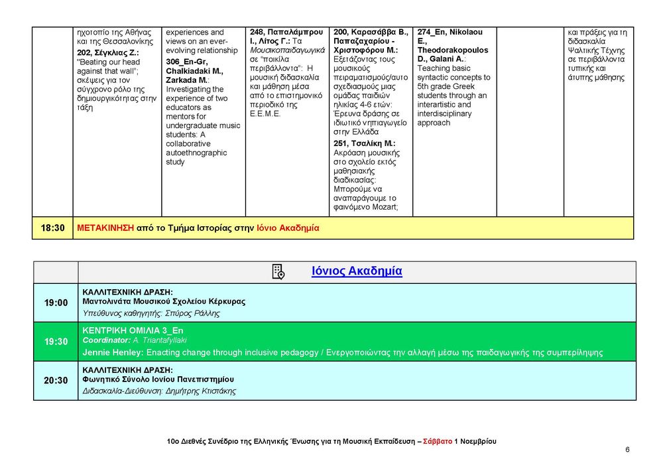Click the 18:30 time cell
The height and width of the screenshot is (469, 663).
(x=53, y=228)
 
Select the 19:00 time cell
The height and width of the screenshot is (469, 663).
(x=56, y=302)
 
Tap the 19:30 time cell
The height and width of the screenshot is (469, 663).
(x=56, y=341)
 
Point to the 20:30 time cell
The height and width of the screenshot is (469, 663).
(x=56, y=380)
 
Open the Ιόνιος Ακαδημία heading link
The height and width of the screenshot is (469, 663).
(x=357, y=271)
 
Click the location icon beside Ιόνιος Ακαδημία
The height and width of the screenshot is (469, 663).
(x=278, y=271)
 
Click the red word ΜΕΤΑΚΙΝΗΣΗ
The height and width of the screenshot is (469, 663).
(x=105, y=228)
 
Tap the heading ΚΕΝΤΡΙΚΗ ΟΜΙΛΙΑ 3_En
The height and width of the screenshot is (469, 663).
(x=133, y=330)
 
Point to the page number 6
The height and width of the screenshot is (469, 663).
(x=627, y=449)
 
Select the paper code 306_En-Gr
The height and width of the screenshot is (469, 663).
(x=187, y=61)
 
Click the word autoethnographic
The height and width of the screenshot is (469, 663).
(x=196, y=153)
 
